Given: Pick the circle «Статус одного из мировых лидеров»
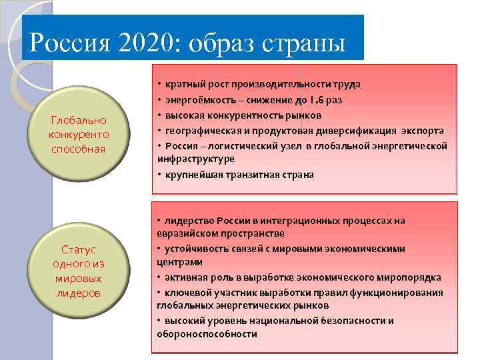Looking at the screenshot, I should pyautogui.click(x=79, y=271).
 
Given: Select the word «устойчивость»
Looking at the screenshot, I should pyautogui.click(x=197, y=249).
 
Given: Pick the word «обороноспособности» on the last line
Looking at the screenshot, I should pyautogui.click(x=207, y=334).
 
